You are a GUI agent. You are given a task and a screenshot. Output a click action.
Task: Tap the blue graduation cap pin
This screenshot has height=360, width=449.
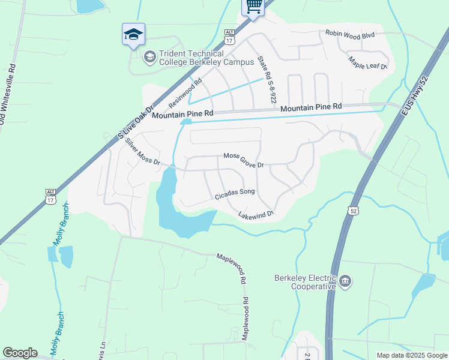pyautogui.click(x=133, y=35)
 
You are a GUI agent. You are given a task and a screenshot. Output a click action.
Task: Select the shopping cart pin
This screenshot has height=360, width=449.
pyautogui.click(x=253, y=7)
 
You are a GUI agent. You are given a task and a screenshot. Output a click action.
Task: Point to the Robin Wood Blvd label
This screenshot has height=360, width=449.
pyautogui.click(x=350, y=35)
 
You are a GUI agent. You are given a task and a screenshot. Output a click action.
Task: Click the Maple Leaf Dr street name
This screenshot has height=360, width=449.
pyautogui.click(x=369, y=63)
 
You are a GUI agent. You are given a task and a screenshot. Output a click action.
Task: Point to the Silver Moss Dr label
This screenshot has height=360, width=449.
pyautogui.click(x=143, y=152)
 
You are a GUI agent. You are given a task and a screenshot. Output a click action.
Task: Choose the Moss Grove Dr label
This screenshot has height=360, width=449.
pyautogui.click(x=244, y=160)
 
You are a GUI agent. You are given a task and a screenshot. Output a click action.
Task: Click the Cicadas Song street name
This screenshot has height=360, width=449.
pyautogui.click(x=235, y=194)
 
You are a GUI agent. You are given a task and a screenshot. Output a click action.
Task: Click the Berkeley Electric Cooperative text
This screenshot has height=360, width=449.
pyautogui.click(x=304, y=282)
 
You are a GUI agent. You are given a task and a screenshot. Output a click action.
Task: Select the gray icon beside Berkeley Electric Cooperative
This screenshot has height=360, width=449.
pyautogui.click(x=345, y=281)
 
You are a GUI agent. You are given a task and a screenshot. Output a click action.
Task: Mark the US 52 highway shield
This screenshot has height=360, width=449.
pyautogui.click(x=352, y=209)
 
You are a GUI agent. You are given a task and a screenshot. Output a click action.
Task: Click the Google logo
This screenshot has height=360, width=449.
pyautogui.click(x=19, y=353)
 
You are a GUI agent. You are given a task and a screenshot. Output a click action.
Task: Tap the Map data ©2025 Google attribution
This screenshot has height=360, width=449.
pyautogui.click(x=412, y=355)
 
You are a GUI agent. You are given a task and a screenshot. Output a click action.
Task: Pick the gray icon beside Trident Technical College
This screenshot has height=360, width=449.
pyautogui.click(x=150, y=57)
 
